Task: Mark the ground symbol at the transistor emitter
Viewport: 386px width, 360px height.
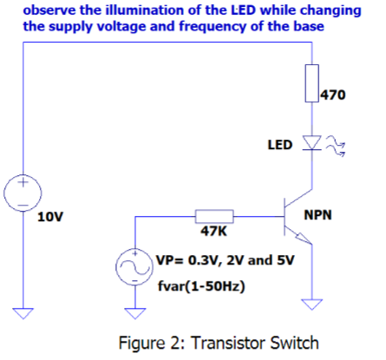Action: (311, 303)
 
